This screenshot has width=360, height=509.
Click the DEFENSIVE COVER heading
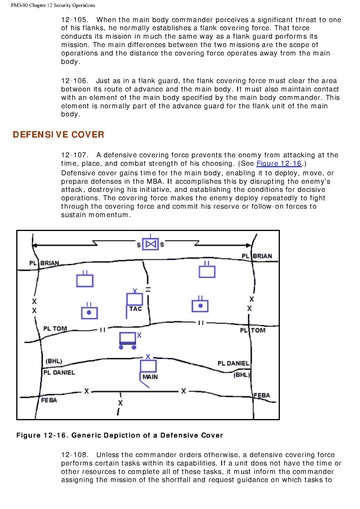point(58,134)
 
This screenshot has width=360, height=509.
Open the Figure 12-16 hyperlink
point(279,163)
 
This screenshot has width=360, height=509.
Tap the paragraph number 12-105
point(74,20)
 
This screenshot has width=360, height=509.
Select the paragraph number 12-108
point(74,455)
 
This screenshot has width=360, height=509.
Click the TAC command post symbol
point(134,303)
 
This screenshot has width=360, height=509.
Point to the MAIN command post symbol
point(148,371)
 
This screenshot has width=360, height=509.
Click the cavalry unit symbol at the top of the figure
point(150,244)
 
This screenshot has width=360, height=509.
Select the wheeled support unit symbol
point(128,340)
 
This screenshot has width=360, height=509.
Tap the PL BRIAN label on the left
point(44,263)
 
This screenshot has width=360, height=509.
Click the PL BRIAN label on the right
point(257,256)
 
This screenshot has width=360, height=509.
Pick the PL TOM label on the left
point(55,329)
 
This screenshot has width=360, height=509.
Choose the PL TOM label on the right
point(253,330)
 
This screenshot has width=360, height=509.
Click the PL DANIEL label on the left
point(59,372)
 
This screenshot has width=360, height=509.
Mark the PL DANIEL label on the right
point(233,363)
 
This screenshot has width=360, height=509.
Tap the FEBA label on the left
point(49,400)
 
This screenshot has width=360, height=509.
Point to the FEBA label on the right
point(262,396)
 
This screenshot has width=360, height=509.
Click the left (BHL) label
point(54,361)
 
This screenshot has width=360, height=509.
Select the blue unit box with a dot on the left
point(89,310)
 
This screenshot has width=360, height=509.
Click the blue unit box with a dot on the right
point(200,304)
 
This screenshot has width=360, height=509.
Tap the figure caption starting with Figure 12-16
point(119,435)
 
